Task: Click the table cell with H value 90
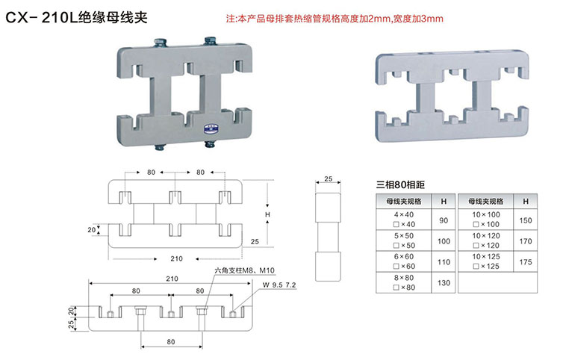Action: [x=444, y=220]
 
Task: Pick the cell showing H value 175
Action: [x=526, y=262]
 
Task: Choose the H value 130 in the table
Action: [x=444, y=283]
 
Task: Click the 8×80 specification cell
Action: [x=404, y=283]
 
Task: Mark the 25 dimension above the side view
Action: [x=327, y=179]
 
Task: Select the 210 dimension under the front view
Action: [x=175, y=259]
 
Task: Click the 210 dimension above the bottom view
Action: [x=172, y=279]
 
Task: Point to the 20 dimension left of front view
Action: [x=92, y=230]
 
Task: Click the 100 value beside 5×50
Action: [x=444, y=241]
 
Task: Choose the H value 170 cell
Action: [x=526, y=241]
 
